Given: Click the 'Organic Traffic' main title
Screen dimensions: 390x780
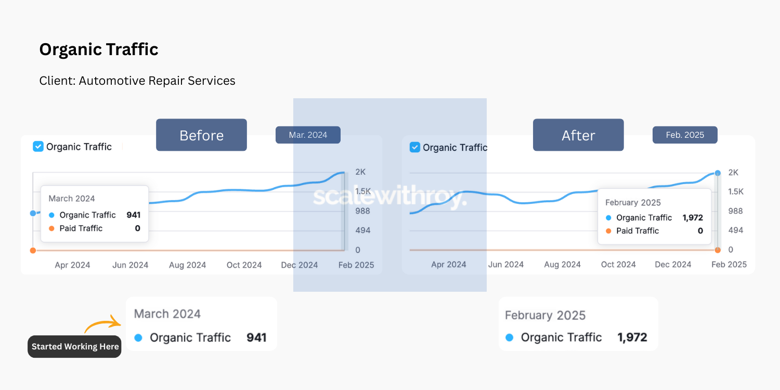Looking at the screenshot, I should coord(99,49).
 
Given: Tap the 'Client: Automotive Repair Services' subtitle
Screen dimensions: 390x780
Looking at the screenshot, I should coord(137,81).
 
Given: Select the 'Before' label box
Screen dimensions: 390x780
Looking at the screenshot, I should coord(201,135).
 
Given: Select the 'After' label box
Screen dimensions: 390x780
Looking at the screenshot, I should coord(578,135).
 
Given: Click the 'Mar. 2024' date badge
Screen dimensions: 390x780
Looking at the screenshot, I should coord(308,135).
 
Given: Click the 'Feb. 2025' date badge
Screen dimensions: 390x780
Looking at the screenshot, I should coord(685,135).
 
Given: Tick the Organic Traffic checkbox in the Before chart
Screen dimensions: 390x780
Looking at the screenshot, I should coord(38,147).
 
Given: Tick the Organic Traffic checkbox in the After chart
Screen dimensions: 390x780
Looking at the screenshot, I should coord(414,147).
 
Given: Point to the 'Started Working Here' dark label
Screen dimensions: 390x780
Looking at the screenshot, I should coord(75,346).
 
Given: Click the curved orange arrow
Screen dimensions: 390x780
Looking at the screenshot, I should coord(102,324).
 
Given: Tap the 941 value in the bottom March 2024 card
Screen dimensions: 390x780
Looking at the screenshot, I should coord(256,337).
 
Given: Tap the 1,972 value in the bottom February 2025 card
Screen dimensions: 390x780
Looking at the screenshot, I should coord(632,337).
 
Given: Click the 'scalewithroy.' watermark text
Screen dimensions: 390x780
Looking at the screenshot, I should coord(389,198).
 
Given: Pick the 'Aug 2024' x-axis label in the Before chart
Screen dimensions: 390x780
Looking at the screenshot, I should coord(187,265).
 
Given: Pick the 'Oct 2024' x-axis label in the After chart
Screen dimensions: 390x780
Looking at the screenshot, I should coord(618,265).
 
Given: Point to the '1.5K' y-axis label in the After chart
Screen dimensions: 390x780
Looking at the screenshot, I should coord(736,192).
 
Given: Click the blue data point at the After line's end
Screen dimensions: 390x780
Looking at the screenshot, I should coord(718,173).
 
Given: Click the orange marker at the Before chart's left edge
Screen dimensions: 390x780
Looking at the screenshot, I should coord(33,251).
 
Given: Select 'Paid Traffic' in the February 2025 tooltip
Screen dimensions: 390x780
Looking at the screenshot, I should coord(638,231).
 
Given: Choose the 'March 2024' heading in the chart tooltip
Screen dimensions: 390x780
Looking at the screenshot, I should coord(72,199).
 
